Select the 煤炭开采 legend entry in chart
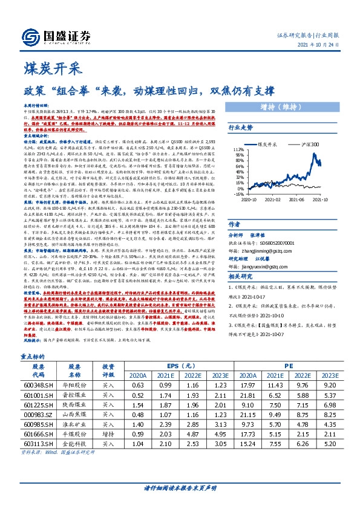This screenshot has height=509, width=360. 270,146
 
